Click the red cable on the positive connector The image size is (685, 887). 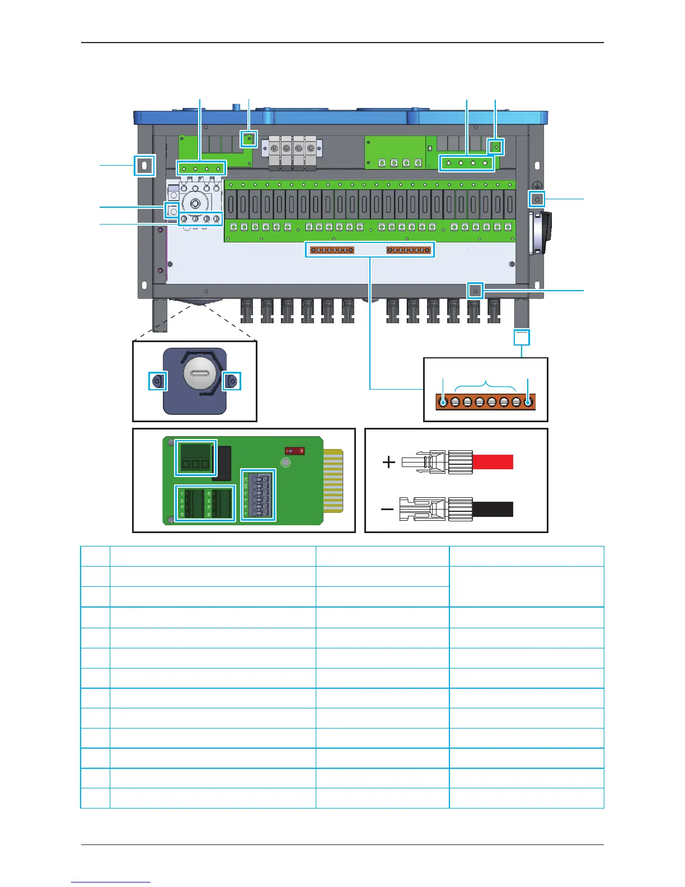point(493,462)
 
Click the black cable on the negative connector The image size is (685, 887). point(493,509)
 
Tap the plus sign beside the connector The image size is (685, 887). point(388,462)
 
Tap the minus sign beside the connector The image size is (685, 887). point(387,510)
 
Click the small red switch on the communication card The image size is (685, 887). point(294,450)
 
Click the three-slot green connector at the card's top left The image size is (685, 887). point(196,457)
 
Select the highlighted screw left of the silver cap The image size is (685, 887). point(157,381)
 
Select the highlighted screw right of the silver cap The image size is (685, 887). point(232,381)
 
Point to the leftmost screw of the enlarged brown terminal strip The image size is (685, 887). point(443,402)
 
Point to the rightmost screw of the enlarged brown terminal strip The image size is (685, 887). point(528,402)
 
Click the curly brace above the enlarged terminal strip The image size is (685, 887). point(485,385)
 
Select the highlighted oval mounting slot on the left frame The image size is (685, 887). point(144,165)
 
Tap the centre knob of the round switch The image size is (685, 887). point(196,203)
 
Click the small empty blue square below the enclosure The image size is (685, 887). point(522,337)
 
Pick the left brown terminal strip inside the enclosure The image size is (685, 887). point(332,250)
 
